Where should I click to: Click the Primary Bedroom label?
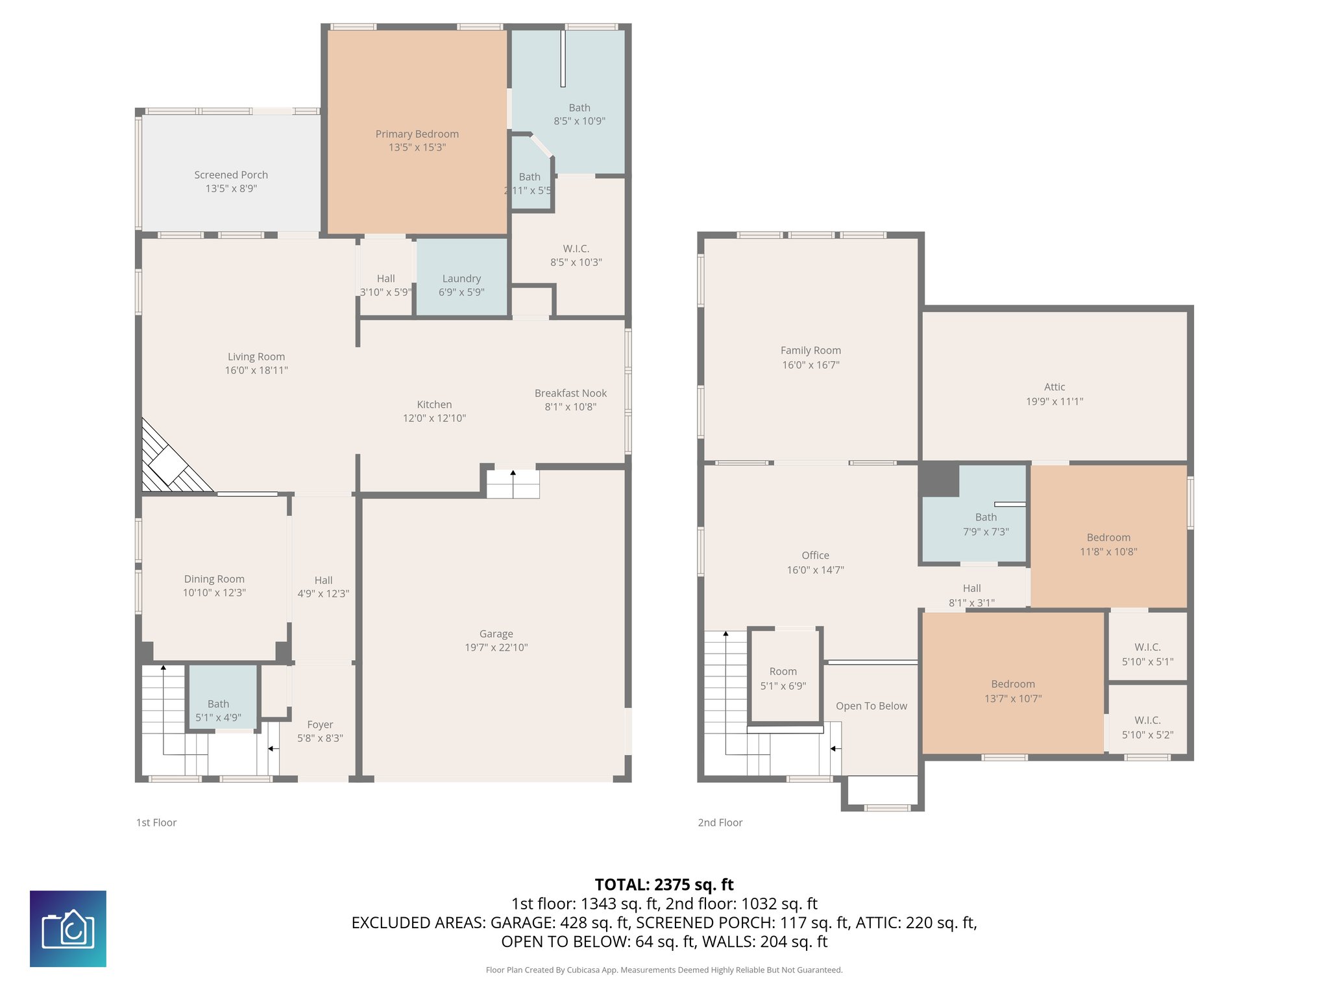point(417,134)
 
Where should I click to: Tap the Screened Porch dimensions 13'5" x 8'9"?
point(231,188)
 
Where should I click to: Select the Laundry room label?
point(461,278)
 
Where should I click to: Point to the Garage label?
point(496,634)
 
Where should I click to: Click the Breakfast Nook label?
point(570,393)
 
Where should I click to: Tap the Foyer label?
point(320,724)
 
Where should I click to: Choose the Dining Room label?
point(214,579)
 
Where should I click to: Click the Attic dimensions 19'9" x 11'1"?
point(1054,401)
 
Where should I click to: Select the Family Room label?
point(811,350)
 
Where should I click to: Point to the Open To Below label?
point(871,706)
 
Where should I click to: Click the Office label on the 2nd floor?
point(815,555)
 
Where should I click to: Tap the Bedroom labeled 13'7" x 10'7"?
point(1012,684)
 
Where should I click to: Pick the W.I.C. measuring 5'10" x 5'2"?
point(1147,720)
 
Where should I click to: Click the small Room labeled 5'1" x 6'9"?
point(783,671)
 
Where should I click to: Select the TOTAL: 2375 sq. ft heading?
point(664,884)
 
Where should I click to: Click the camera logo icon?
point(68,928)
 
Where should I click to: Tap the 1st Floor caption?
point(156,822)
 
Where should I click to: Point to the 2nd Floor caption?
point(720,822)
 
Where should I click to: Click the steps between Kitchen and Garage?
point(513,484)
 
